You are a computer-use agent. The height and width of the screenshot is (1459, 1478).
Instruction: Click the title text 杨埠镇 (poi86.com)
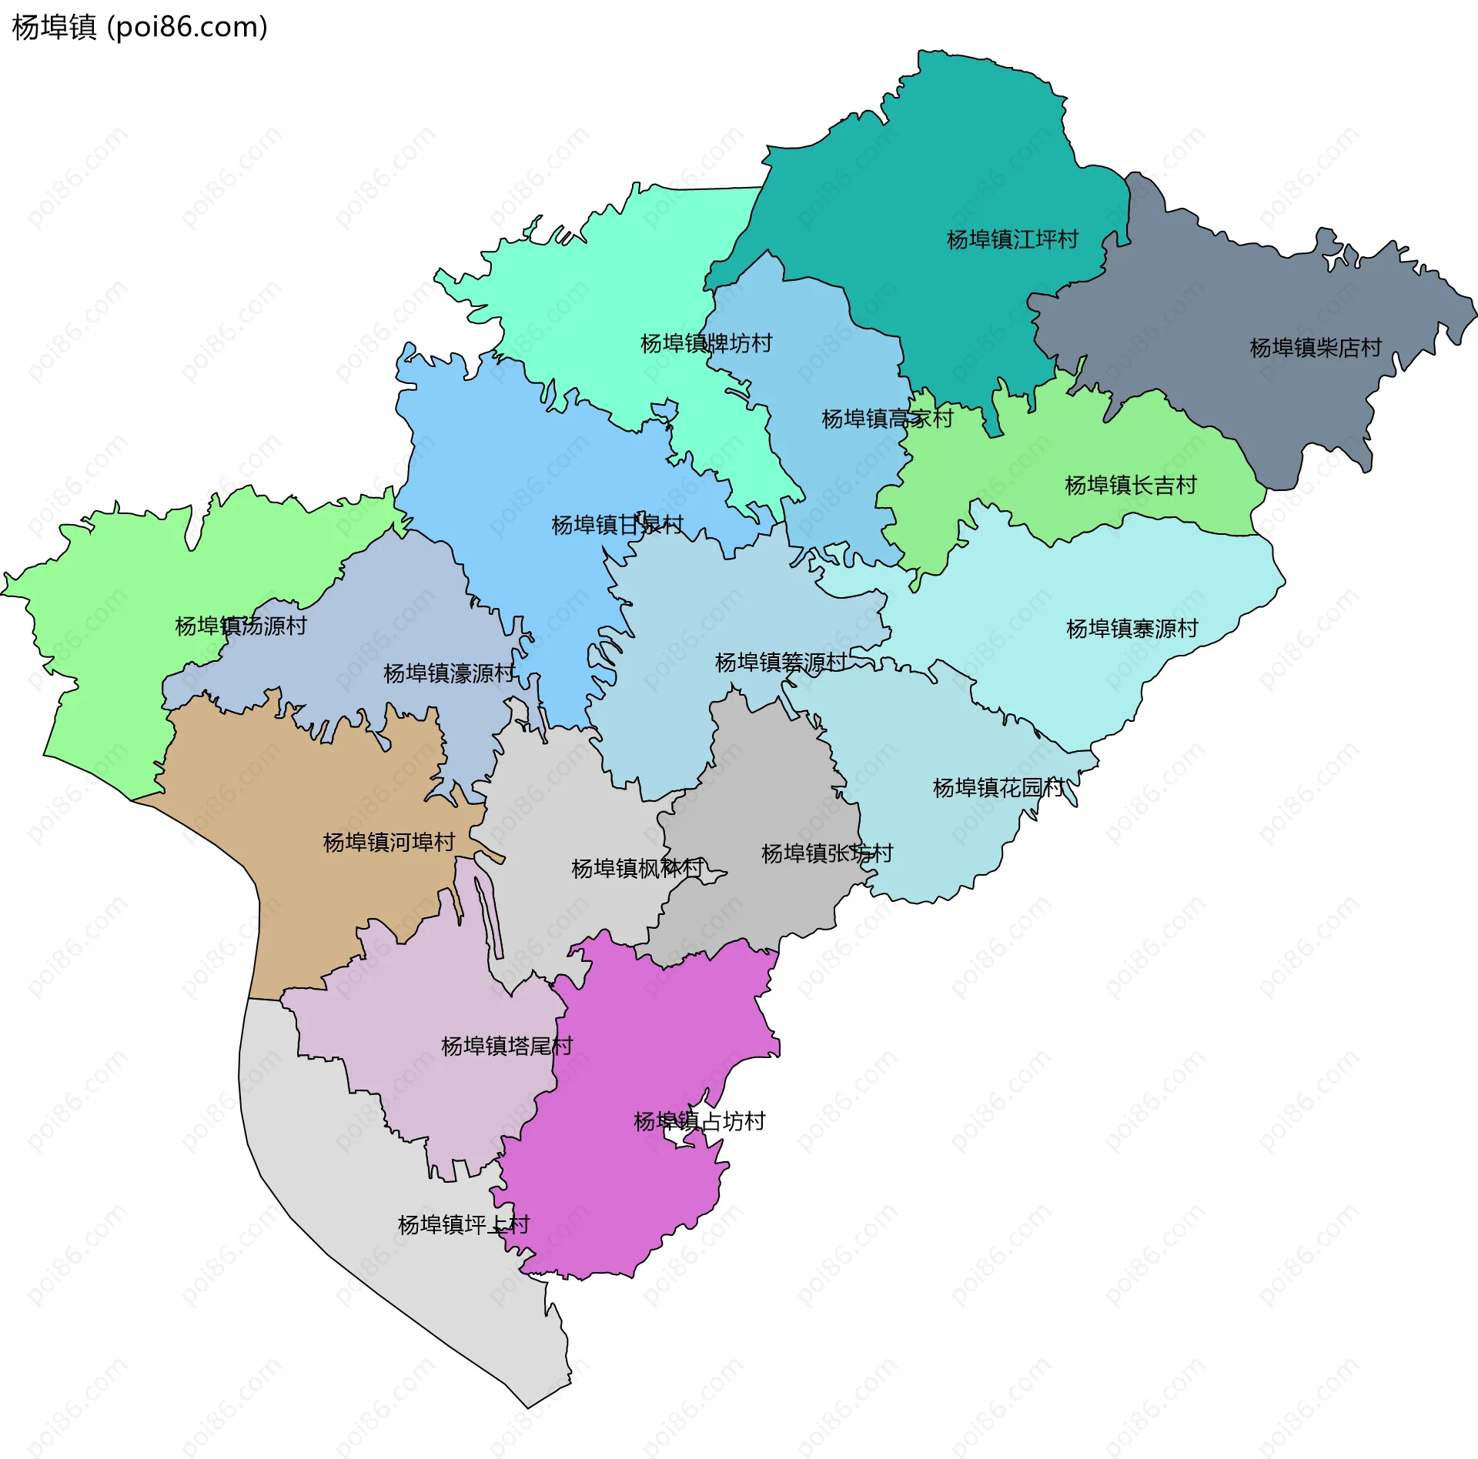coord(139,27)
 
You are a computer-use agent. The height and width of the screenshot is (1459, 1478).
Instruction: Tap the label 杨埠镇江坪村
coord(1012,239)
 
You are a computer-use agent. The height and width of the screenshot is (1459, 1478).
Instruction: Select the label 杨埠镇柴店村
coord(1316,348)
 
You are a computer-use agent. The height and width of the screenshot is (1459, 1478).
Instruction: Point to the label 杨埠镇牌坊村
coord(706,343)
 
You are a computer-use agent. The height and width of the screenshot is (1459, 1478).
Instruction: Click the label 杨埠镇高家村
coord(887,419)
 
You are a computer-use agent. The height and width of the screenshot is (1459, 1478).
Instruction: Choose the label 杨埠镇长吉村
coord(1130,485)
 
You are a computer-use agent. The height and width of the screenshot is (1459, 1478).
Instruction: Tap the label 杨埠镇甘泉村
coord(617,525)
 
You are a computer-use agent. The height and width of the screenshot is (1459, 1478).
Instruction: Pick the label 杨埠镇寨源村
coord(1132,629)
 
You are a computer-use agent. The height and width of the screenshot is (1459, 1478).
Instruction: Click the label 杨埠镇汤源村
coord(241,626)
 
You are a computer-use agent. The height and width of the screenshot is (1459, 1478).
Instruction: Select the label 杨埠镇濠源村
coord(449,673)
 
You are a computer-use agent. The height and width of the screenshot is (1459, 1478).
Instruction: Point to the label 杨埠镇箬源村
coord(781,662)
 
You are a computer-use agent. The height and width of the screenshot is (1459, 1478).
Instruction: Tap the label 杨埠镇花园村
coord(998,787)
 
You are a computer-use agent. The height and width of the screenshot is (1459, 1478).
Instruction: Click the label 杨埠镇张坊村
coord(827,853)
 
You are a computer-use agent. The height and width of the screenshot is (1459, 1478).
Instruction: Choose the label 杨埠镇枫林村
coord(637,869)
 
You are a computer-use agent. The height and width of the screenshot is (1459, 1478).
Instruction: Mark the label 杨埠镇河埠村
coord(389,842)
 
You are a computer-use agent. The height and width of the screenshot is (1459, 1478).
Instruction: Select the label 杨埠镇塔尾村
coord(507,1046)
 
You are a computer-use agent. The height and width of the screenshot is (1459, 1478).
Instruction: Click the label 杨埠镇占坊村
coord(699,1121)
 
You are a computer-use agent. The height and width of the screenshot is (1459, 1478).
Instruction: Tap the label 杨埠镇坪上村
coord(463,1224)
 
